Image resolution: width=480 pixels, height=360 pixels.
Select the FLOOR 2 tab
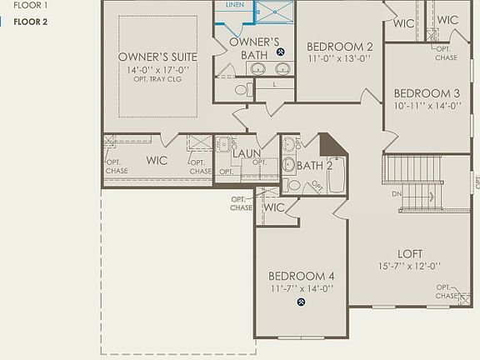click(x=31, y=22)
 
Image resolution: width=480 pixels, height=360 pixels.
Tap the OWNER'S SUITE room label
click(x=157, y=57)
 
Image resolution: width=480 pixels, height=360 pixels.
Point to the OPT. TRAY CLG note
click(x=157, y=80)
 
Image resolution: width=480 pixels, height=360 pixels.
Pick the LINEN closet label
click(x=234, y=5)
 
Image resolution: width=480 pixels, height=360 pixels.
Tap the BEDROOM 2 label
click(x=339, y=47)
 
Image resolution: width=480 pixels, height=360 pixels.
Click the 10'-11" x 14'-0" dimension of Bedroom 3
click(x=427, y=107)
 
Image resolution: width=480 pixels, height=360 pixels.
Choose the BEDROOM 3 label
click(x=427, y=93)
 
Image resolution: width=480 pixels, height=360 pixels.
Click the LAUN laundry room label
click(x=247, y=153)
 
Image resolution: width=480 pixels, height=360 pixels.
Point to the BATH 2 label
click(x=314, y=165)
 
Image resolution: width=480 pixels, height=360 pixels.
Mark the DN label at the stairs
click(x=398, y=194)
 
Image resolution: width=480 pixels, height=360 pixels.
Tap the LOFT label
click(x=409, y=254)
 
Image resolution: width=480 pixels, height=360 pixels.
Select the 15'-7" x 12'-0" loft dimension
click(x=409, y=267)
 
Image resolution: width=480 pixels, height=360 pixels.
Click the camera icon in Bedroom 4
click(x=301, y=303)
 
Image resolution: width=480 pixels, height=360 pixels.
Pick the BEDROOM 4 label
click(x=301, y=276)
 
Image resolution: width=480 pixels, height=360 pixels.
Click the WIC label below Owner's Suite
click(x=157, y=160)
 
